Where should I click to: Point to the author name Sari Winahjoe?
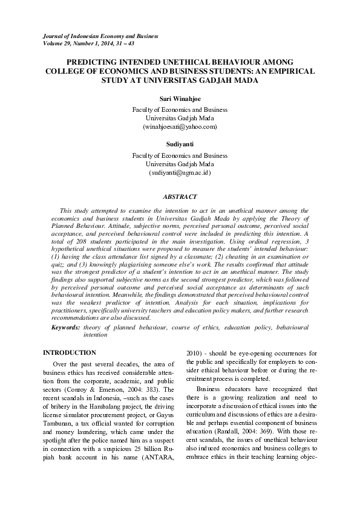180,98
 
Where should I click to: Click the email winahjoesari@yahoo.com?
180,127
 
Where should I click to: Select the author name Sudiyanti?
180,144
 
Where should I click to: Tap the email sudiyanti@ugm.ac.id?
180,173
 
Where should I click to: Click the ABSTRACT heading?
180,196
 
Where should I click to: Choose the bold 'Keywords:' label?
65,327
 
